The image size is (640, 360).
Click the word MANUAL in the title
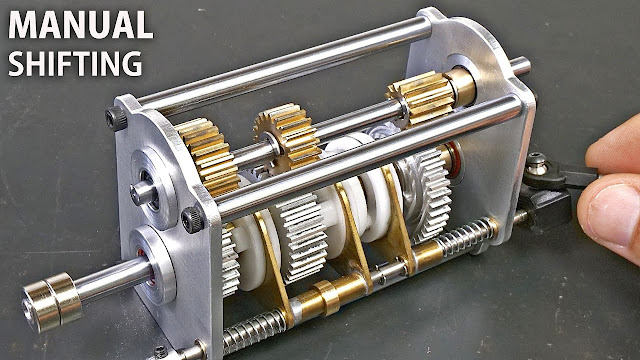[x=80, y=25]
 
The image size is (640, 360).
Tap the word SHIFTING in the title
[x=75, y=63]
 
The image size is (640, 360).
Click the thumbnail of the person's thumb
[x=612, y=211]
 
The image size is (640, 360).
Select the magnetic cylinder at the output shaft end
[x=51, y=300]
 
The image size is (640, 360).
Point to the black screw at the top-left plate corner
[x=116, y=118]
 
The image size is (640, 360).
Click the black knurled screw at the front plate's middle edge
[x=192, y=219]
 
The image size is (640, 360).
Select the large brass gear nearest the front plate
[x=207, y=156]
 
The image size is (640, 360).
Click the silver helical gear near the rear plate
[x=424, y=193]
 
